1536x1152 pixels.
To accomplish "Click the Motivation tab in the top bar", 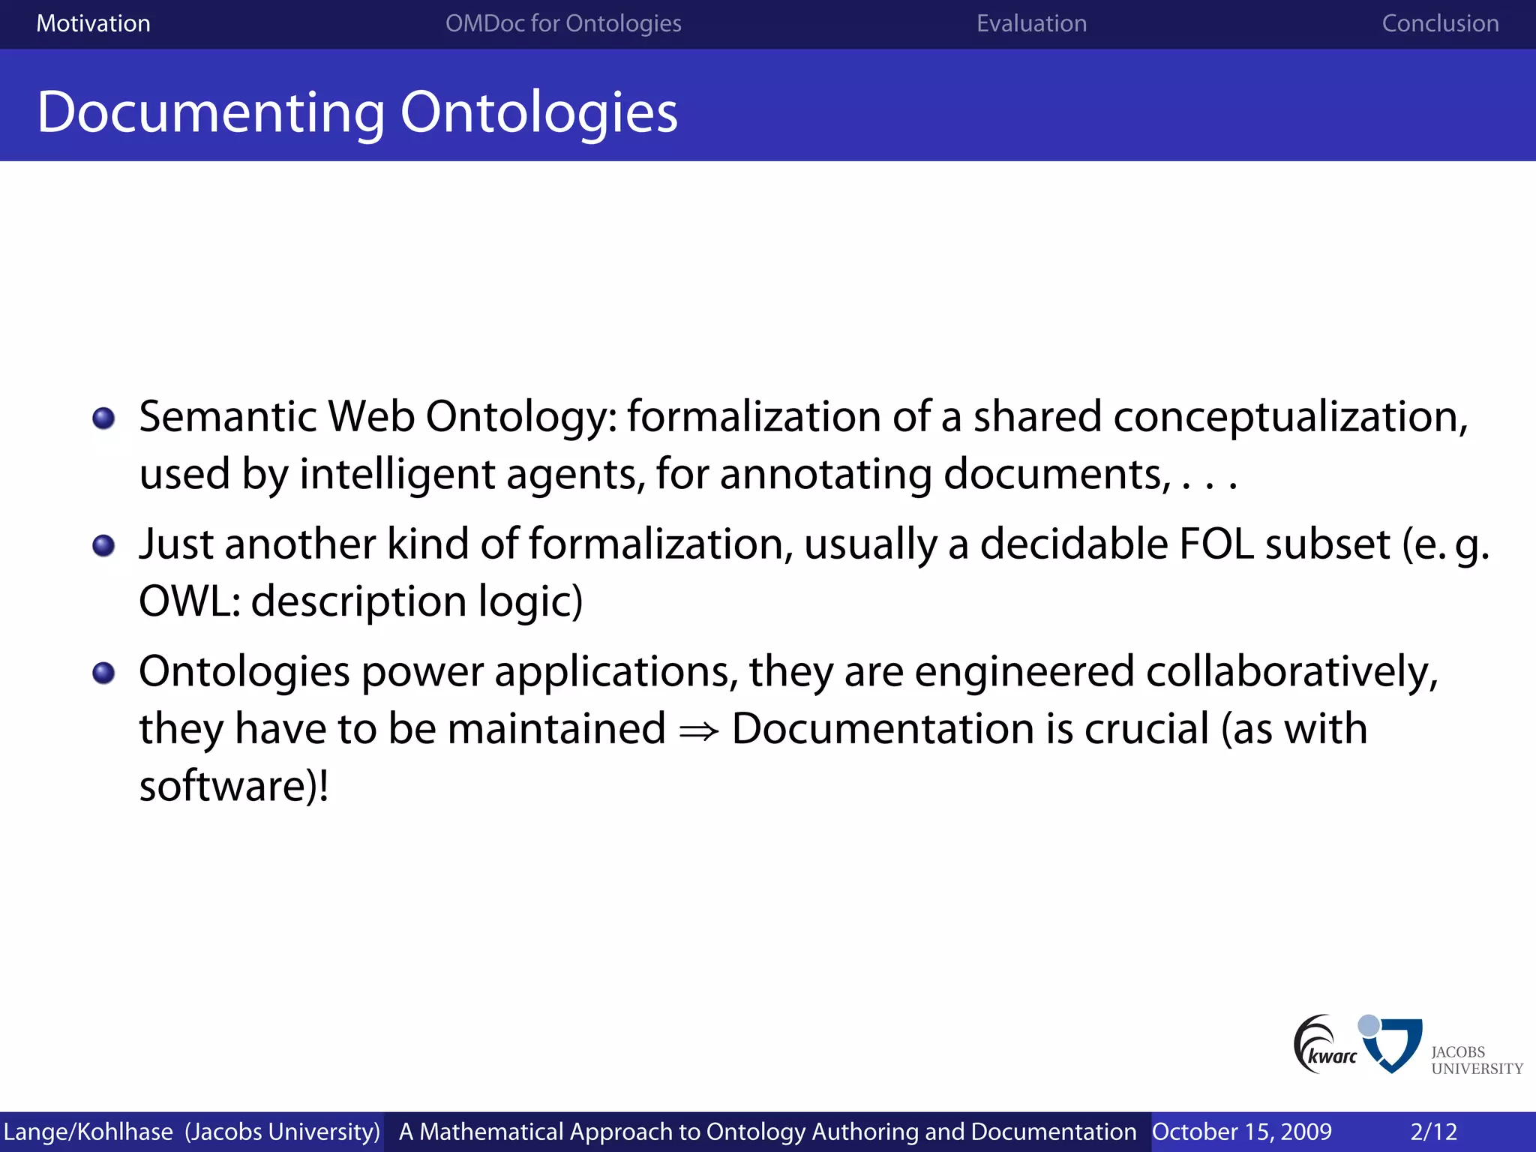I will click(93, 23).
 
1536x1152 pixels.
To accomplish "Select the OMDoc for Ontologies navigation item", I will click(563, 23).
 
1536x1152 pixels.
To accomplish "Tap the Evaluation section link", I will click(1031, 23).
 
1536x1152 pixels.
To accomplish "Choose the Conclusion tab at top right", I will click(1440, 23).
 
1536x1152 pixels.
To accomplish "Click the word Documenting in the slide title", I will click(211, 112).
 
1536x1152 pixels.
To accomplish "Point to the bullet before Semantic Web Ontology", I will click(103, 418).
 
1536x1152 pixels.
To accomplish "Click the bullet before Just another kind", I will click(103, 545).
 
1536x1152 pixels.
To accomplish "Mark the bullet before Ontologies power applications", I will click(103, 673).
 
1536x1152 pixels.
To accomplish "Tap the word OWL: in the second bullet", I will click(190, 601).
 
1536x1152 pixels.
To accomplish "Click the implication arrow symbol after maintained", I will click(698, 730).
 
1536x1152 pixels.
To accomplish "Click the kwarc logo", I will click(1326, 1045).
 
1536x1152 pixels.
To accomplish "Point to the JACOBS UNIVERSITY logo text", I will click(1476, 1060).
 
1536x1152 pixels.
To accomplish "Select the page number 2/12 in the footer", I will click(1433, 1131).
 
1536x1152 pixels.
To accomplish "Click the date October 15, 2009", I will click(1241, 1131).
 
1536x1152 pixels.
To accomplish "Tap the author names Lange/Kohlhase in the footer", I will click(88, 1131).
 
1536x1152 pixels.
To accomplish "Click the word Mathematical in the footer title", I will click(491, 1131).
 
